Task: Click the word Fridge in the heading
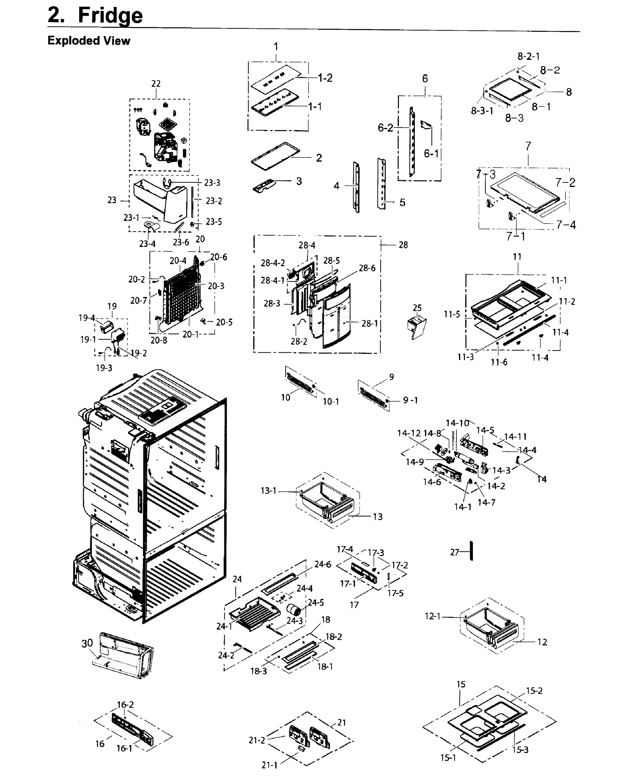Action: point(110,15)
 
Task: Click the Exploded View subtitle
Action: point(88,41)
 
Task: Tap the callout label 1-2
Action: point(325,77)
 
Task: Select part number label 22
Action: point(156,83)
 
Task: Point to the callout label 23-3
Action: point(212,183)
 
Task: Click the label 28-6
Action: point(367,268)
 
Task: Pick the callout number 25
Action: point(417,308)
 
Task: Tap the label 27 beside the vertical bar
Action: point(454,552)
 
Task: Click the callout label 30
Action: point(87,643)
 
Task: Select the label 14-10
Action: point(457,423)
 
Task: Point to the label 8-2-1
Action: point(528,56)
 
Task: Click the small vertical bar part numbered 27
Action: point(472,550)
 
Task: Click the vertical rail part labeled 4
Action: point(356,187)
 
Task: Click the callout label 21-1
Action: point(269,765)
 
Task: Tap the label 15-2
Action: point(534,690)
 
